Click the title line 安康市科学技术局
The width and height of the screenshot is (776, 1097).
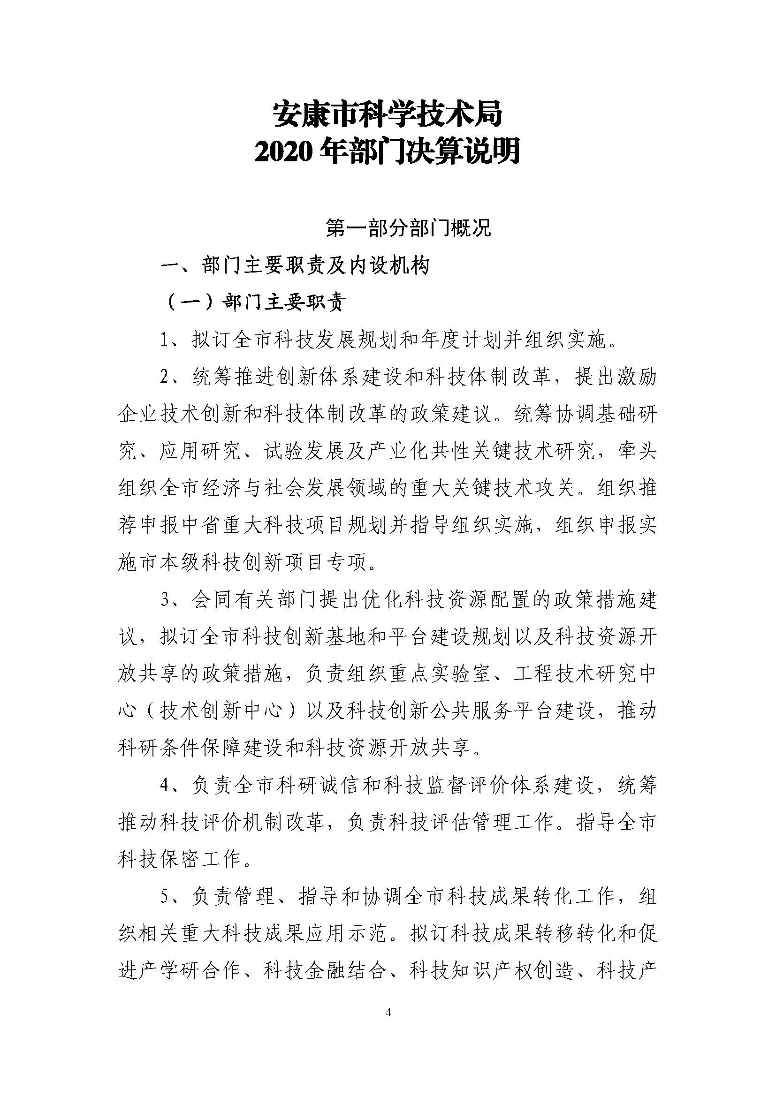pos(387,116)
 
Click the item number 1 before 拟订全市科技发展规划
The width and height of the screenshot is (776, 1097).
pos(166,340)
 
